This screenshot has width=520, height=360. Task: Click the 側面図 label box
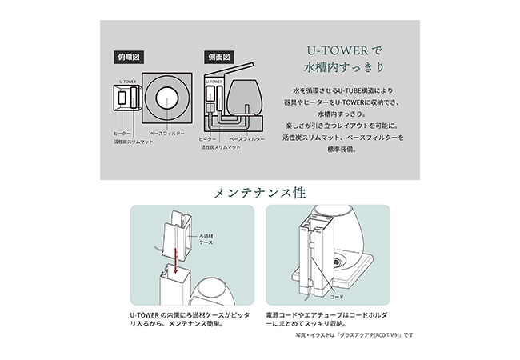218,58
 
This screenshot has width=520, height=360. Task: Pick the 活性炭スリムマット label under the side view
222,147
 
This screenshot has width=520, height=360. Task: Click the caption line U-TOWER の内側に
190,314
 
